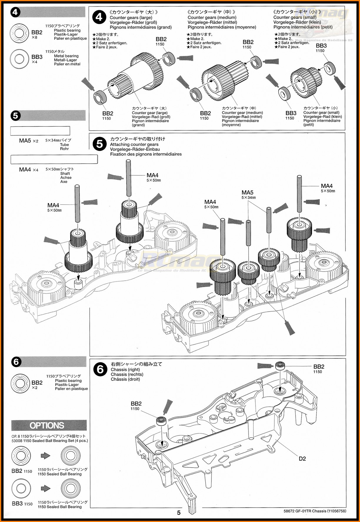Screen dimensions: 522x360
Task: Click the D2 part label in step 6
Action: tap(302, 458)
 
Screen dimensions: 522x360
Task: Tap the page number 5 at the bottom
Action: tap(179, 513)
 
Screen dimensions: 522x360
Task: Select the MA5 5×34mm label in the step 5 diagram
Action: tap(248, 194)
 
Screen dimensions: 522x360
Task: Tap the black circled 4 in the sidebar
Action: tap(15, 12)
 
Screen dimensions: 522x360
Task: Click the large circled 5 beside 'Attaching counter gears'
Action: tap(100, 144)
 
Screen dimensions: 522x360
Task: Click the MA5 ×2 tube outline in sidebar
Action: tap(40, 131)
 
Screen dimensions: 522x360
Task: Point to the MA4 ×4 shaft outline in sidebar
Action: tap(54, 159)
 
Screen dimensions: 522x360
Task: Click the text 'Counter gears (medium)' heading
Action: tap(212, 17)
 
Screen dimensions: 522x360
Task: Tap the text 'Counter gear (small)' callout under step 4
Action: tap(321, 112)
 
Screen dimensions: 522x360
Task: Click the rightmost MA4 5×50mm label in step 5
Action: tap(327, 188)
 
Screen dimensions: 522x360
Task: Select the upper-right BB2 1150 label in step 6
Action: tap(319, 368)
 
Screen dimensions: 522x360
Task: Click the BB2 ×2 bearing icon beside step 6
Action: tap(20, 383)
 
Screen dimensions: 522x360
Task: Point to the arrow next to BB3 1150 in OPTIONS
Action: tap(46, 488)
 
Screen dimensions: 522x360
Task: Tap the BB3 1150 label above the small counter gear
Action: tap(321, 48)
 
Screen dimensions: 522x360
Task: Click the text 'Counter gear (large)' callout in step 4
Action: tap(149, 113)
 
